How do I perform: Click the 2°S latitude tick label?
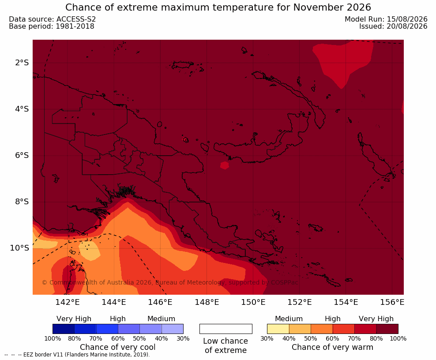click(x=22, y=63)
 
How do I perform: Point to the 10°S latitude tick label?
click(x=19, y=248)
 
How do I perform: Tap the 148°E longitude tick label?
click(x=207, y=302)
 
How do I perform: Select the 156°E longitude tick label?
click(x=392, y=302)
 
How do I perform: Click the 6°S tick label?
click(x=22, y=155)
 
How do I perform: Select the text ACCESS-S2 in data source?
click(x=76, y=19)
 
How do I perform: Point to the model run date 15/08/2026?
click(x=407, y=19)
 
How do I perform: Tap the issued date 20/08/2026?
click(x=407, y=26)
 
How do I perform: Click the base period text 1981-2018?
click(x=75, y=26)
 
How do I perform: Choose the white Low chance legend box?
click(x=226, y=329)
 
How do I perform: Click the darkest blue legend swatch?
click(x=64, y=329)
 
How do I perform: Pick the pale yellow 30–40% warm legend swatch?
click(x=278, y=329)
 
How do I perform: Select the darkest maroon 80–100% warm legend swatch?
click(x=387, y=329)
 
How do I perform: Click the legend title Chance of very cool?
click(x=118, y=347)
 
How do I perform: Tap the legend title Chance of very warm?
click(x=332, y=347)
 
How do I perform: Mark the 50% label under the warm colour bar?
click(x=311, y=338)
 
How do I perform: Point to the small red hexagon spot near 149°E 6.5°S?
click(x=224, y=165)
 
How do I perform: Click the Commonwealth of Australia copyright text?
click(x=170, y=283)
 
